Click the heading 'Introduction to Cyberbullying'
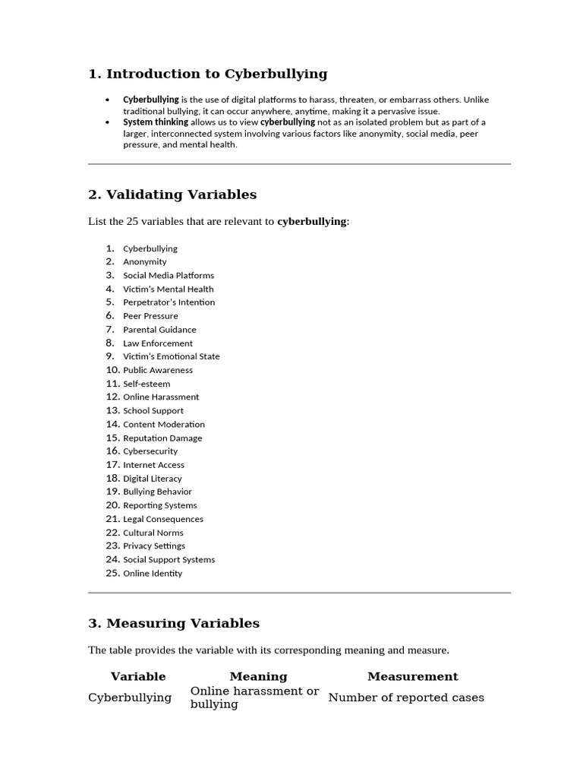[208, 74]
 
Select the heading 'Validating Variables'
[172, 194]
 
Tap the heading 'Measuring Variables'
[174, 623]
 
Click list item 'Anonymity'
[145, 262]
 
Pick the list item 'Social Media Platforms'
[169, 276]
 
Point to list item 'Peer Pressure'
[150, 316]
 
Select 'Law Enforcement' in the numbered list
[158, 343]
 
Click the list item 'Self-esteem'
[147, 384]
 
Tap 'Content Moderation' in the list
[164, 425]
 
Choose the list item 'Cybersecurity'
[150, 451]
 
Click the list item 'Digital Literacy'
[153, 479]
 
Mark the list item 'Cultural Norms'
[153, 533]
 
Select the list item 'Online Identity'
[153, 574]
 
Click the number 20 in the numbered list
[113, 505]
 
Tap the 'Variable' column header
[138, 676]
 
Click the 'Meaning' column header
[258, 676]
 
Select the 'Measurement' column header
[412, 676]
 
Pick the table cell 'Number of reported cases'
[406, 697]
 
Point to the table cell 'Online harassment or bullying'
[254, 697]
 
